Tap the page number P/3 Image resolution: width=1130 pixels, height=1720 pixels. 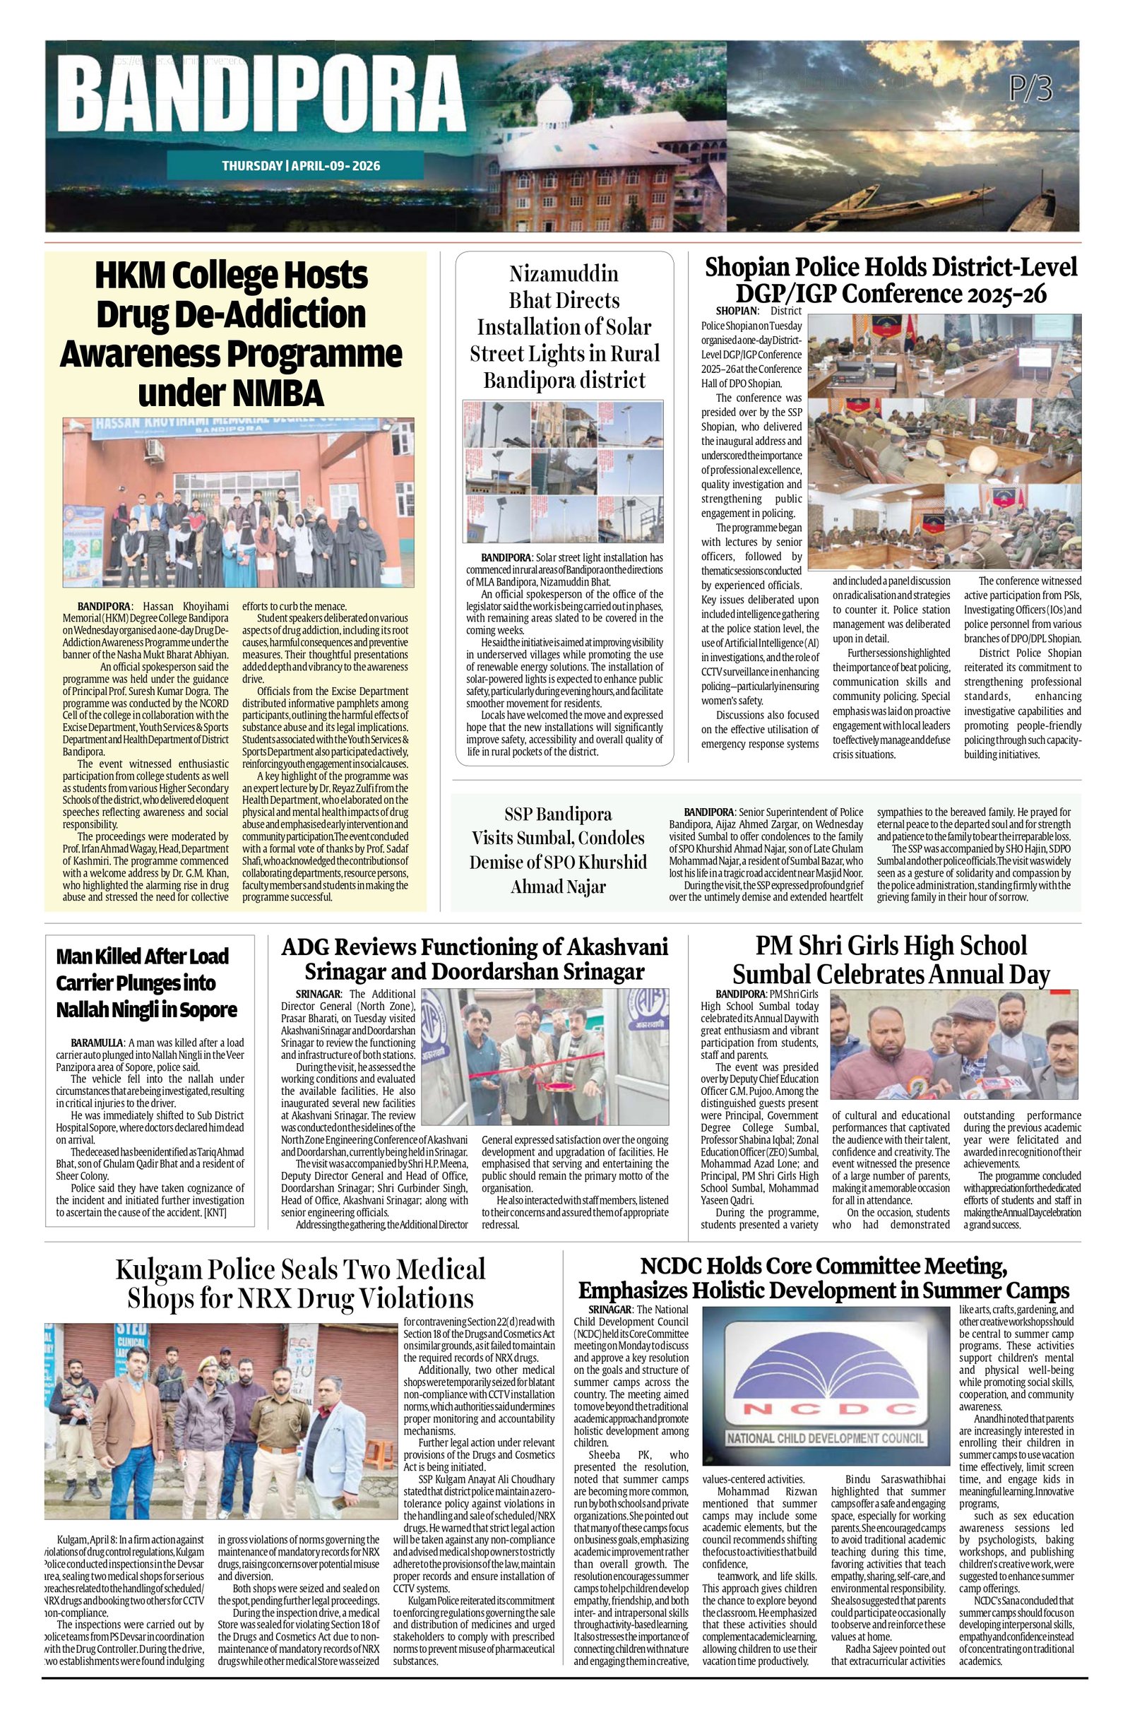tap(1030, 90)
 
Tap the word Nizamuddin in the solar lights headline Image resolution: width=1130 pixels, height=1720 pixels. tap(564, 274)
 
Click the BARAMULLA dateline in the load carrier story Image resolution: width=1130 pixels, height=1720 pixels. tap(96, 1043)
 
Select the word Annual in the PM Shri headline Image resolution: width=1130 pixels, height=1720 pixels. tap(941, 975)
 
